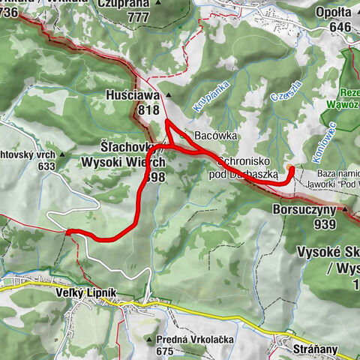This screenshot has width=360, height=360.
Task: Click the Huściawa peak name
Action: pos(134,95)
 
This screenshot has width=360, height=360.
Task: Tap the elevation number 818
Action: pos(148,110)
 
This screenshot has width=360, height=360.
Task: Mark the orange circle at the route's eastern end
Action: pos(290,167)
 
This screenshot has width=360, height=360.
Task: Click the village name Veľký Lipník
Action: pos(85,291)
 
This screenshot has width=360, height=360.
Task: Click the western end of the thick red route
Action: pos(67,232)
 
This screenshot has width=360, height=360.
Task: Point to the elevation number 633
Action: pos(46,166)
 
